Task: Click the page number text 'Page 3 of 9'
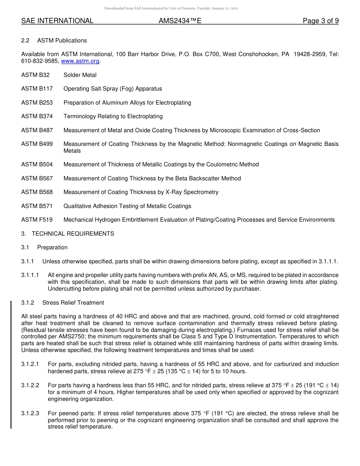pyautogui.click(x=321, y=21)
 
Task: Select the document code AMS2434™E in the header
pyautogui.click(x=180, y=21)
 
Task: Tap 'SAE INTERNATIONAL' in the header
pyautogui.click(x=57, y=21)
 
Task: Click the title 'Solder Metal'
pyautogui.click(x=80, y=75)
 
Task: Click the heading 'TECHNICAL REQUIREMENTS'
pyautogui.click(x=73, y=234)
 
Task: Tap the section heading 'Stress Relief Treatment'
pyautogui.click(x=73, y=303)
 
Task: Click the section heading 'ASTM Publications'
pyautogui.click(x=62, y=41)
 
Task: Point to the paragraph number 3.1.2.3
pyautogui.click(x=30, y=413)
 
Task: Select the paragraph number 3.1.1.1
pyautogui.click(x=30, y=275)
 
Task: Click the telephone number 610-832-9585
pyautogui.click(x=40, y=61)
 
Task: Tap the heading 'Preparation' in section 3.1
pyautogui.click(x=52, y=247)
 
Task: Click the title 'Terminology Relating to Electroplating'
pyautogui.click(x=113, y=116)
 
